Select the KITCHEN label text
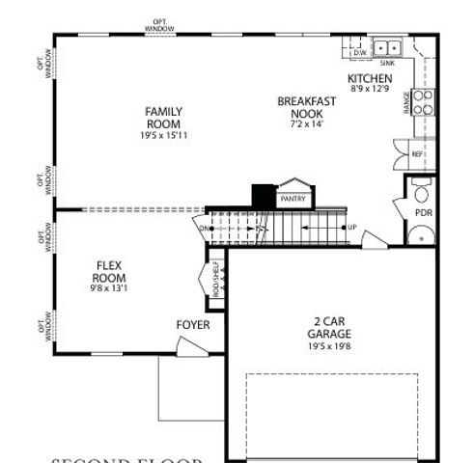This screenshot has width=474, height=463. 370,78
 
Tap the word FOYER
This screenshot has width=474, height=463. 192,325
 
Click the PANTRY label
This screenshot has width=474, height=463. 293,199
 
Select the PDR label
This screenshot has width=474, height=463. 422,212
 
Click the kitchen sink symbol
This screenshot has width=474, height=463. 388,46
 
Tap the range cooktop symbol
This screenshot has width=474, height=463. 423,102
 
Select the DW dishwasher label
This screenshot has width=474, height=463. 360,52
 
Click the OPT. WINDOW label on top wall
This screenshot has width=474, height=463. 159,25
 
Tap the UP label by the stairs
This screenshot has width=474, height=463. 351,228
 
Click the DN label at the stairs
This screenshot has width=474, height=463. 205,229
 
